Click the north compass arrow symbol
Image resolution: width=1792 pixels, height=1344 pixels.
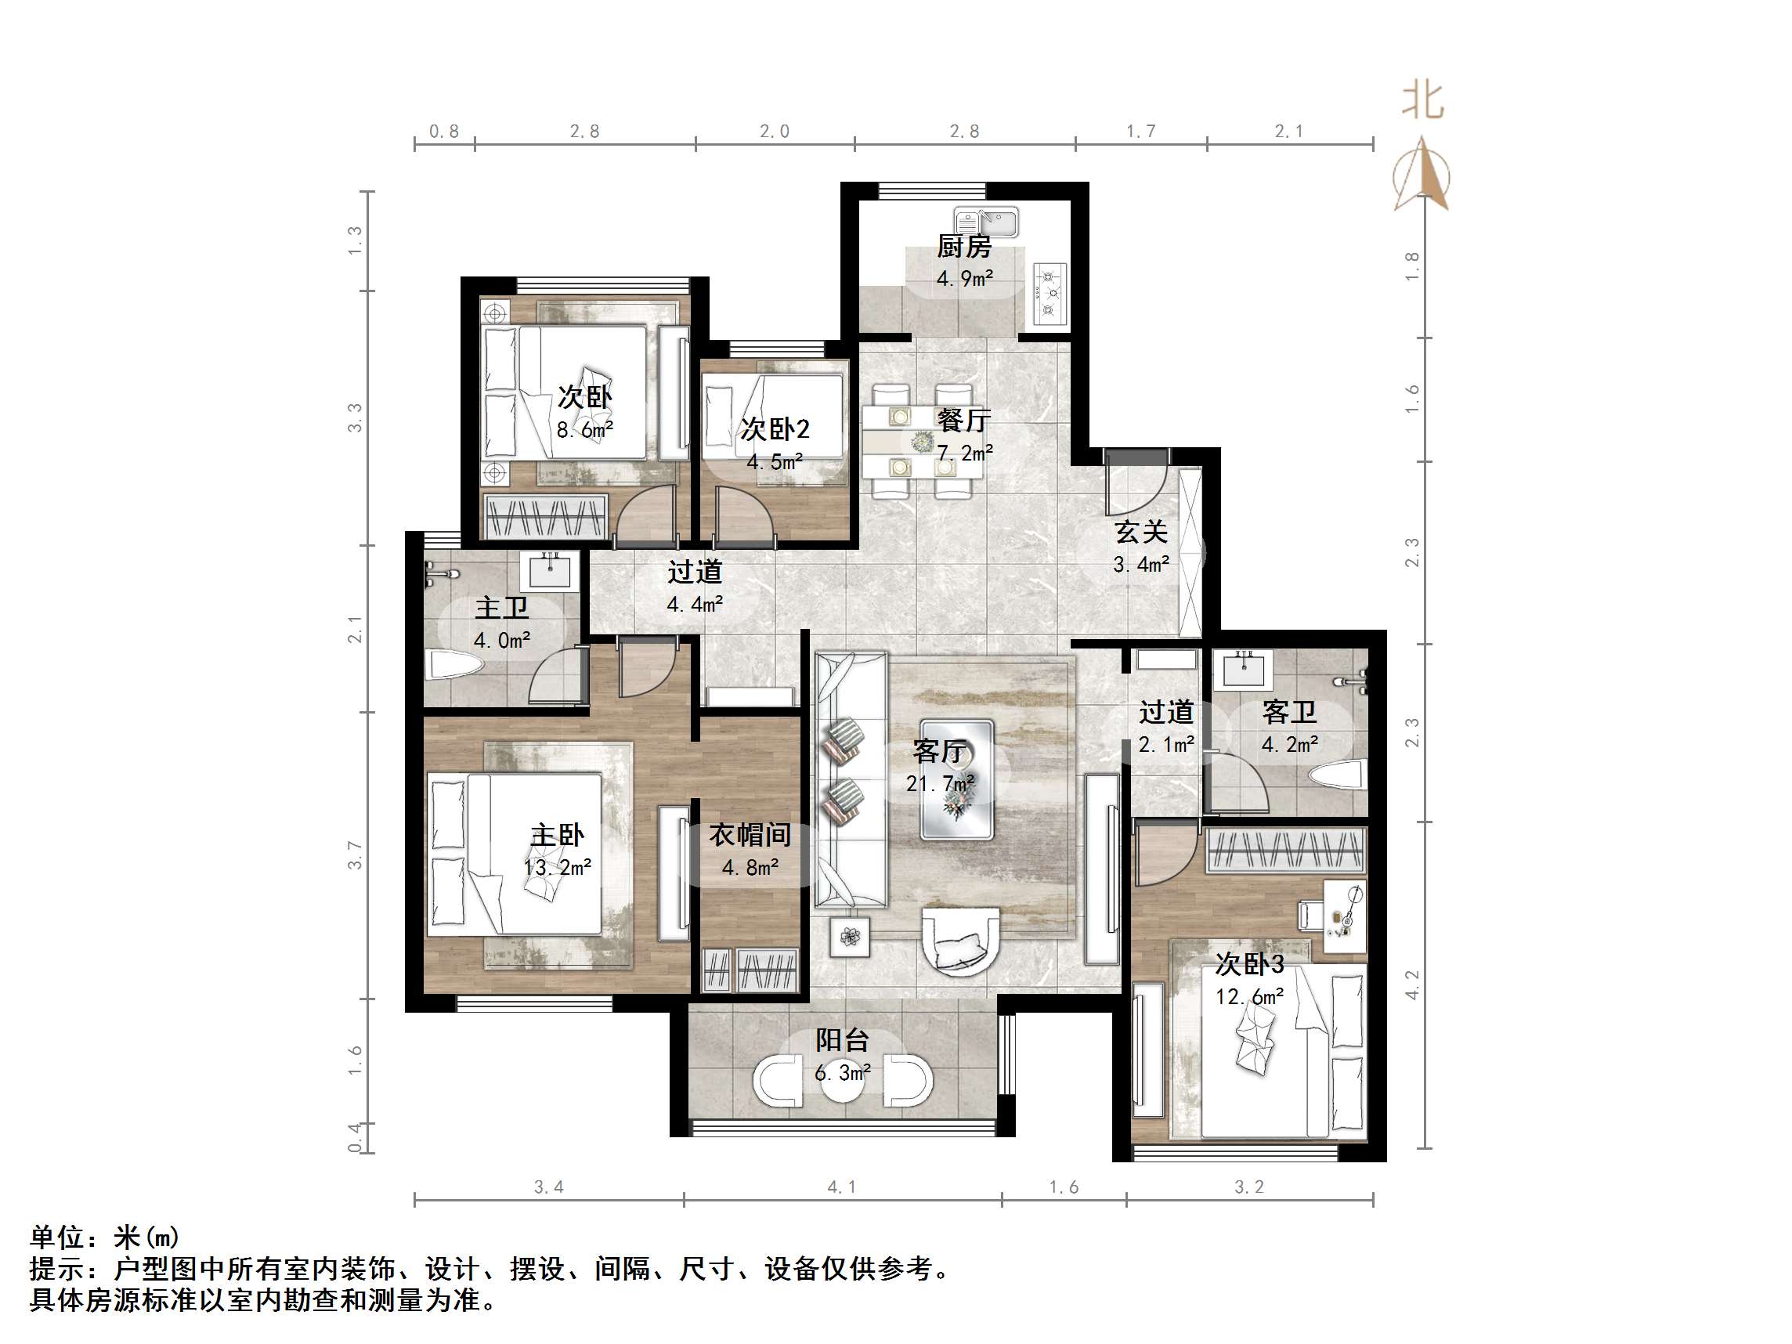coord(1421,173)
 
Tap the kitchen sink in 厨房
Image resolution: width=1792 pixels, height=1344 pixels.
coord(986,220)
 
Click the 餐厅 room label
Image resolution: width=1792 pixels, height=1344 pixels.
coord(963,421)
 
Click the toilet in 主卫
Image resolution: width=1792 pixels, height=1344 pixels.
coord(454,666)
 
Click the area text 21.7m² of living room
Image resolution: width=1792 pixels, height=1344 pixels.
coord(939,784)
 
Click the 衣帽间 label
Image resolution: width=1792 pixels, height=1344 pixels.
coord(750,834)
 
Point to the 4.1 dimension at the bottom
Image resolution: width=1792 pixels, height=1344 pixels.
coord(841,1187)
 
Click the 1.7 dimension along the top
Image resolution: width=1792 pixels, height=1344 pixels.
coord(1140,132)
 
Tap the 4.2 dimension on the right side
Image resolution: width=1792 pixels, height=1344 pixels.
coord(1412,985)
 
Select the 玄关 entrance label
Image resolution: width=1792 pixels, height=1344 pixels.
coord(1140,533)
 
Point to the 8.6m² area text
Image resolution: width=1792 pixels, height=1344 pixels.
coord(584,430)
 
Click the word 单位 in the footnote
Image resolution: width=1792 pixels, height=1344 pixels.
coord(57,1237)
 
